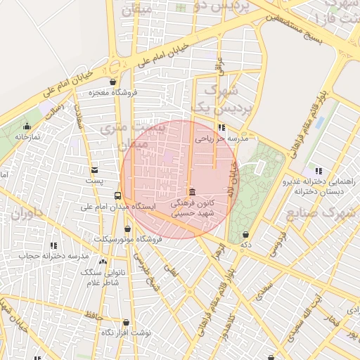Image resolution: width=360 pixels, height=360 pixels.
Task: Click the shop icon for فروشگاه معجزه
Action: pos(112,82)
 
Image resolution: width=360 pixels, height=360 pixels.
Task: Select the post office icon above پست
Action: pos(95,170)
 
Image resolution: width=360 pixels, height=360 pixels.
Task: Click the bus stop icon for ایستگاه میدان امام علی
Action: pos(117,196)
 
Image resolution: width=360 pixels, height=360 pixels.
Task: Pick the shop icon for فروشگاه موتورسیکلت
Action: pos(127,229)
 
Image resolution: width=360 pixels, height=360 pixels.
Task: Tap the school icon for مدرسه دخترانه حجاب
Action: pos(53,245)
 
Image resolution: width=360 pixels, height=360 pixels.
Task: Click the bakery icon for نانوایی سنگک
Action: pos(103,262)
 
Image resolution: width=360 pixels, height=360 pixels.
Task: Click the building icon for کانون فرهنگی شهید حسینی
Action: pos(192,193)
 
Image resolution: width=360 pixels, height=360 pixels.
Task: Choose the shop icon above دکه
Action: pos(245,234)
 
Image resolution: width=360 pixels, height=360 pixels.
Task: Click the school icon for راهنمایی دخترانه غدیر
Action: pos(319,170)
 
